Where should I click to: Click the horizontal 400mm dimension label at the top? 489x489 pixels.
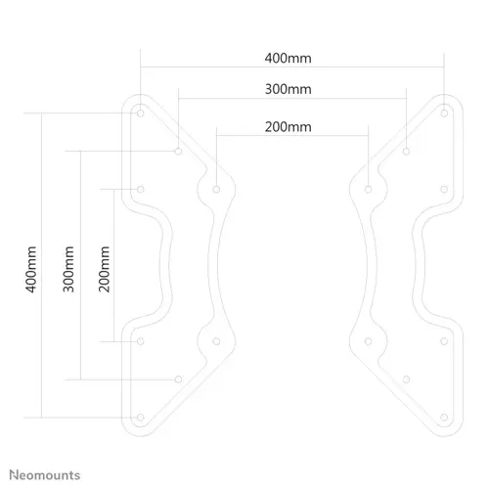[288, 59]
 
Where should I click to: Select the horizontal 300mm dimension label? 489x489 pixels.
[288, 89]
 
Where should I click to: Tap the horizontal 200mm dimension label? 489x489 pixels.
[288, 127]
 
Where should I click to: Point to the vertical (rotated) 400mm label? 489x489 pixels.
[31, 269]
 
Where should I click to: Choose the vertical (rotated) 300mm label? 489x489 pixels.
[68, 269]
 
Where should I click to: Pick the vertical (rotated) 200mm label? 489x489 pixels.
[104, 269]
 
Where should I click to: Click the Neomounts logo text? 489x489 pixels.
[45, 475]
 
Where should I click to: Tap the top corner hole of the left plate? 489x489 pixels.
[141, 113]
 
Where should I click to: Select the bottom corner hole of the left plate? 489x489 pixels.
[141, 418]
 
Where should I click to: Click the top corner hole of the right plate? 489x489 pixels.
[444, 113]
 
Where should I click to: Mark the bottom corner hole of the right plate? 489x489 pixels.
[444, 418]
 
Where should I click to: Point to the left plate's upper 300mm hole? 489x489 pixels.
[178, 152]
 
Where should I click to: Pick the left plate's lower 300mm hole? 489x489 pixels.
[178, 379]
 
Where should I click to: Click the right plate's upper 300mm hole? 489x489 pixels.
[406, 152]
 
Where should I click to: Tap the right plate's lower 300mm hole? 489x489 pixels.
[406, 379]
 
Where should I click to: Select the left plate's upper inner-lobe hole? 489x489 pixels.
[216, 190]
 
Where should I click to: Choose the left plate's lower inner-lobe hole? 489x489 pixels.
[216, 341]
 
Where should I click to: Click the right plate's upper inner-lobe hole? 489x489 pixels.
[369, 190]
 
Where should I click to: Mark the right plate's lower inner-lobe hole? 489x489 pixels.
[369, 341]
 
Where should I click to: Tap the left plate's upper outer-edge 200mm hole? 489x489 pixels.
[141, 190]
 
